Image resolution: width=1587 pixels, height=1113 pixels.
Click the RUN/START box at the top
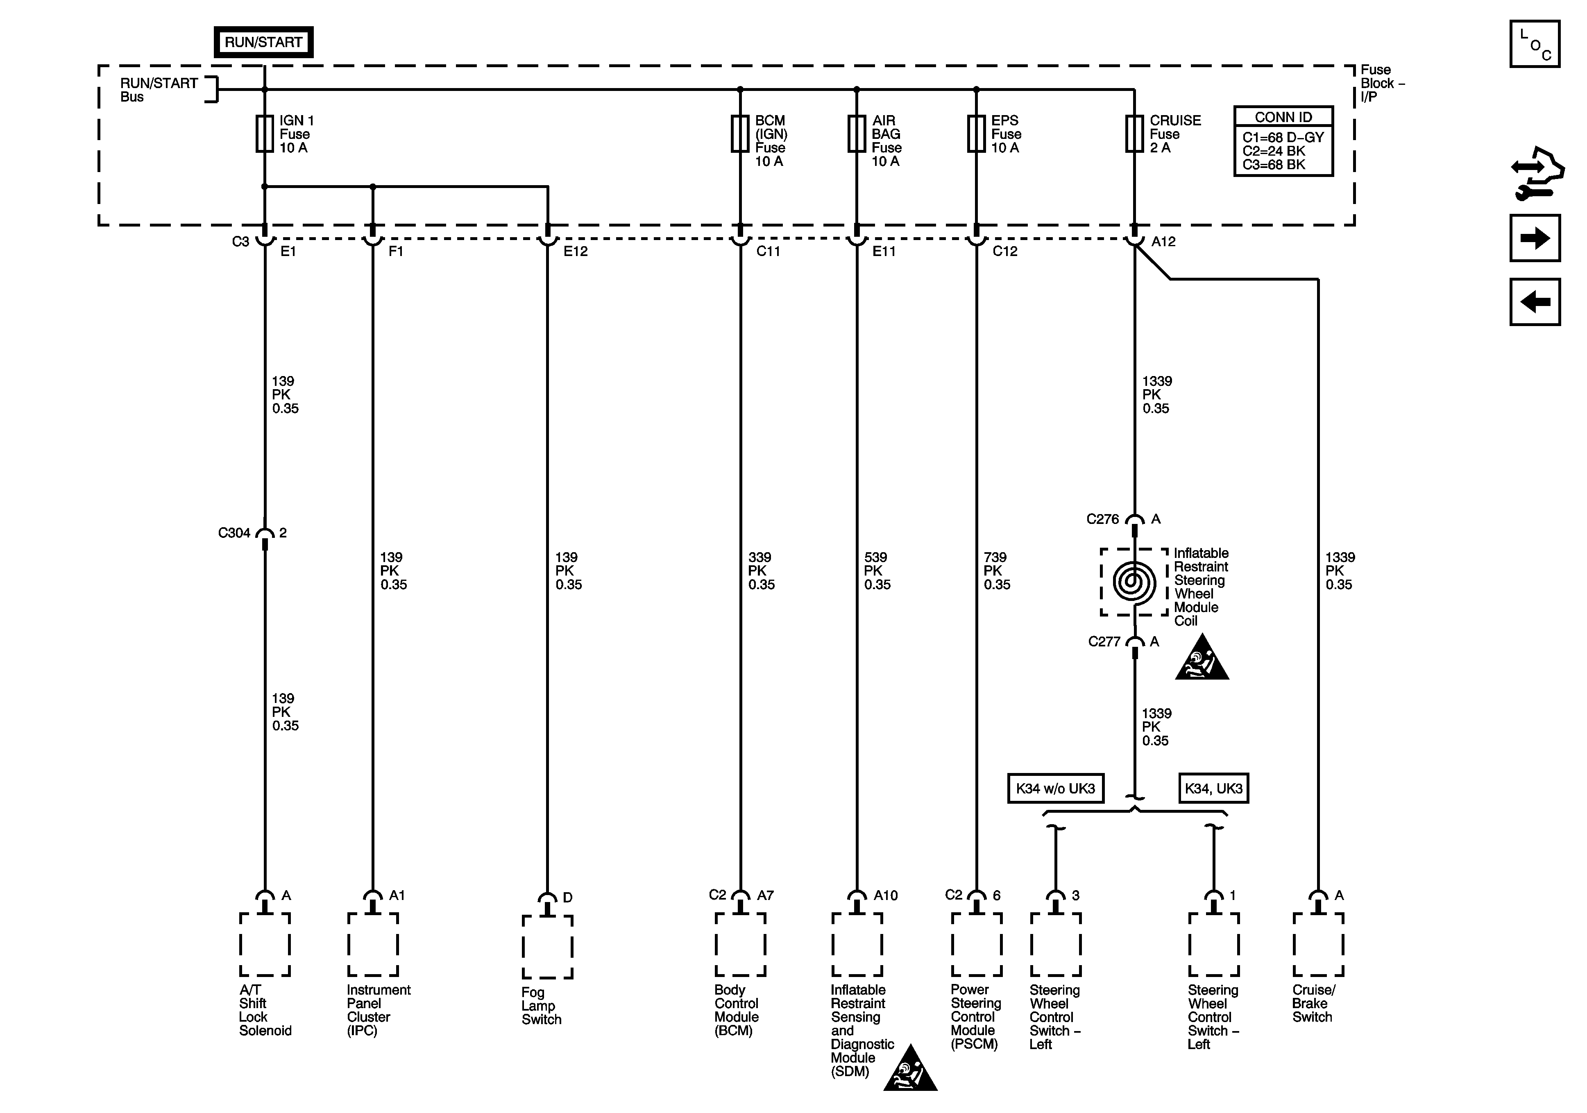click(263, 42)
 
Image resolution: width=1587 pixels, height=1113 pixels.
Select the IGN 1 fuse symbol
click(265, 134)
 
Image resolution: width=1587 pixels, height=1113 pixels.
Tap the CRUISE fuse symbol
click(1134, 134)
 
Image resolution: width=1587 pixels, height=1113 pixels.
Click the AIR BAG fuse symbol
click(857, 134)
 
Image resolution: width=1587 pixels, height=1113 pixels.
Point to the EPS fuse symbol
click(976, 134)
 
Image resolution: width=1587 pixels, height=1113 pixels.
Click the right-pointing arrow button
click(1535, 238)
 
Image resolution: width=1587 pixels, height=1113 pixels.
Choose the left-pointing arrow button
click(1535, 302)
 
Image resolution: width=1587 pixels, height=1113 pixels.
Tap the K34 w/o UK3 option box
click(1055, 788)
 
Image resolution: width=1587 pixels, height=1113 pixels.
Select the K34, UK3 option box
click(1213, 788)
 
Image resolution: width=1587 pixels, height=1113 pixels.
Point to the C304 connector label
click(234, 533)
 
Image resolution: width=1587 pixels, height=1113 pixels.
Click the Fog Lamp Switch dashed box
click(547, 947)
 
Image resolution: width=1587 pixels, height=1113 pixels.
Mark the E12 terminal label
click(575, 252)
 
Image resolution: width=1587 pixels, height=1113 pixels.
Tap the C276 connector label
click(1102, 519)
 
